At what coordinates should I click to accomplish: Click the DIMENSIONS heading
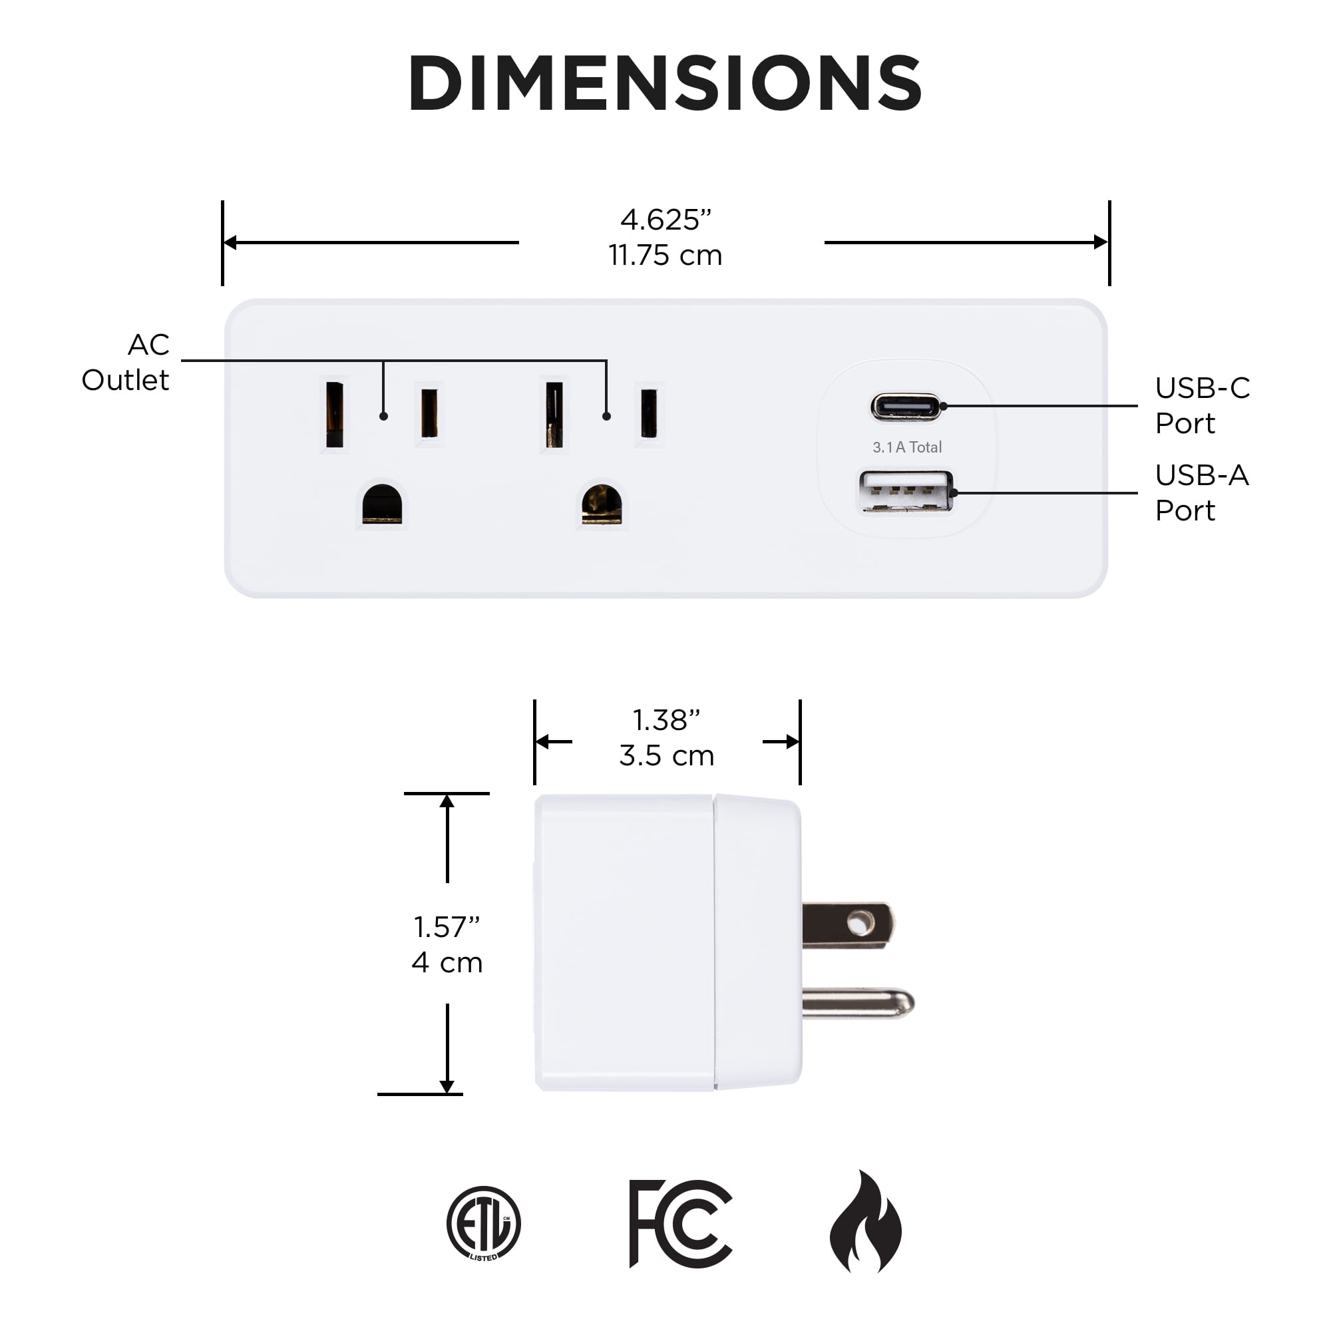(x=665, y=83)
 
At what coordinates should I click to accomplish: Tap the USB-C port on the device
(x=906, y=407)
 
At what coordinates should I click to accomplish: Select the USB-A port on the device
(x=906, y=491)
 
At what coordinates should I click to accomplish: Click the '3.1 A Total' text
(x=906, y=447)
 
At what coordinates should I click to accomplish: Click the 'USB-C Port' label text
(x=1202, y=405)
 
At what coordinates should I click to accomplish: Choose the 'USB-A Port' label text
(x=1201, y=492)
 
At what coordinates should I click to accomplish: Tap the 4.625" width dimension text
(x=665, y=220)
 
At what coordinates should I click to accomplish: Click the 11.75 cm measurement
(x=665, y=256)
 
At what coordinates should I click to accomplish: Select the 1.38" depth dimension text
(x=666, y=720)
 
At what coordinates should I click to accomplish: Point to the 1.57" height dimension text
(x=447, y=926)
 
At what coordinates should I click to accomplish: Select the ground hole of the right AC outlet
(x=602, y=504)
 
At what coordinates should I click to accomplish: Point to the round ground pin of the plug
(x=858, y=1002)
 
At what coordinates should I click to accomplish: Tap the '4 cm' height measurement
(x=447, y=962)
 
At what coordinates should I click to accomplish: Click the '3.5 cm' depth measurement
(x=666, y=756)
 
